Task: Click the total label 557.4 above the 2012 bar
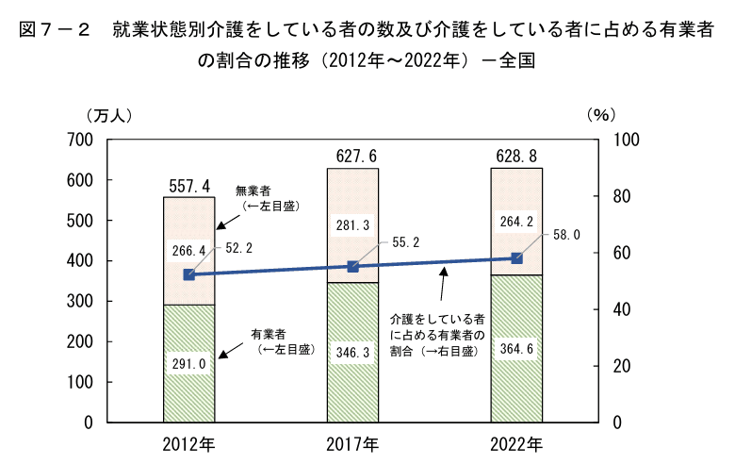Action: [189, 186]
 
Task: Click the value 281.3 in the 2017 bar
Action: [352, 225]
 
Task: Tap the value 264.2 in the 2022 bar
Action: [516, 223]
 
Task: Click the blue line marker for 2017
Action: [352, 267]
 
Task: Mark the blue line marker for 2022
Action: [516, 258]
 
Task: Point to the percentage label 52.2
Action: [237, 248]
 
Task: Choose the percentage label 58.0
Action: [566, 234]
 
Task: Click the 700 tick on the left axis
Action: [82, 140]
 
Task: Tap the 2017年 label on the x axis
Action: [352, 443]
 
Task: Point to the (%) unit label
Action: [600, 115]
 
